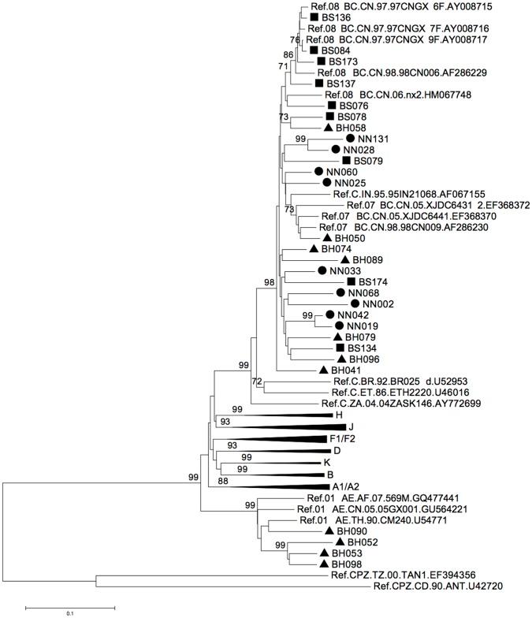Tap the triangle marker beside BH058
coord(329,127)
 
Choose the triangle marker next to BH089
coord(344,259)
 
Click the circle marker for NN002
coord(355,303)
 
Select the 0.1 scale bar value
coord(70,612)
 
